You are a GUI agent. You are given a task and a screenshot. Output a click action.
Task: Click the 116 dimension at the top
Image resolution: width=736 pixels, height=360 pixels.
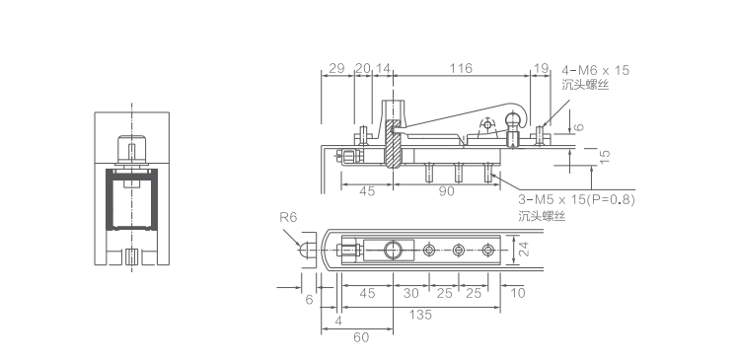(x=461, y=68)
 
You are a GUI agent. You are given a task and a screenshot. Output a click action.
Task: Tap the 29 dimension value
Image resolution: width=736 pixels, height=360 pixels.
(x=336, y=68)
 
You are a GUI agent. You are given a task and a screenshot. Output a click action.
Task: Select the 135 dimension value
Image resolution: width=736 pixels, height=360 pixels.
(x=420, y=315)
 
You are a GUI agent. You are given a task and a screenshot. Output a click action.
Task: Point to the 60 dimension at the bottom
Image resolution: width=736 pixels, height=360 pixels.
(x=361, y=337)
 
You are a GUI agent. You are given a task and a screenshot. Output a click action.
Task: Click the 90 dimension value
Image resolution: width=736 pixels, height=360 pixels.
(x=446, y=191)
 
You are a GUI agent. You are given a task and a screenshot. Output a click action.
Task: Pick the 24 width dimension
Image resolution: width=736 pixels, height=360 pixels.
(x=524, y=249)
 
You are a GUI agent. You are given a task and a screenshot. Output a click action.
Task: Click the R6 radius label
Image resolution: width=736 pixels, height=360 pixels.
(x=288, y=217)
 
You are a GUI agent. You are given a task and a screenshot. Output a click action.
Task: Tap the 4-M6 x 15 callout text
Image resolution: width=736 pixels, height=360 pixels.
(x=595, y=70)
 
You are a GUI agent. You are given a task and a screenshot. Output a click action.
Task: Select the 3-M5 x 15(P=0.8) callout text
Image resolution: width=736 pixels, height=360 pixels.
(x=576, y=199)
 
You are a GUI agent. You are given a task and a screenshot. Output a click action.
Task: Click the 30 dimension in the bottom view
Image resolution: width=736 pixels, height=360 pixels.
(x=410, y=293)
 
